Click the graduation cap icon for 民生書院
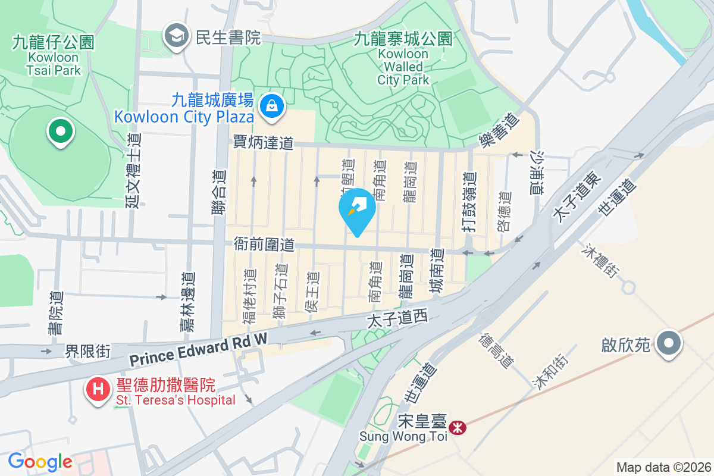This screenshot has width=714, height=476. coord(176,37)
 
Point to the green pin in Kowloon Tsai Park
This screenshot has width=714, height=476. coord(60,131)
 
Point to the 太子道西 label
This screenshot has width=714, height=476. coord(397,320)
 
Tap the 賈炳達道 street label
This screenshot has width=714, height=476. coord(263,143)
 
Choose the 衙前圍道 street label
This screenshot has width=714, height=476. coord(264,244)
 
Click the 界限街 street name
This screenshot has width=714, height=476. coord(87,351)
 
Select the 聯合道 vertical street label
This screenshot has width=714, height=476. coord(219,193)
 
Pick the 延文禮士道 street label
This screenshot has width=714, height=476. coord(133,170)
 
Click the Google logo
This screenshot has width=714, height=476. coord(40,462)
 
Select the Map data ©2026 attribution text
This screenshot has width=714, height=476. coord(663,467)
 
